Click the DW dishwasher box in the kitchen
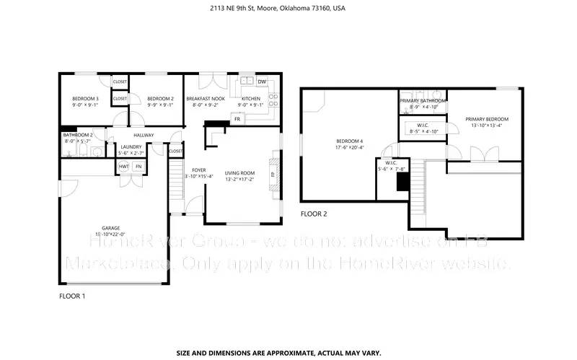coord(262,82)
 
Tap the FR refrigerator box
coord(237,118)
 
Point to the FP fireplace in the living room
coord(273,174)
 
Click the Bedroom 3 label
coord(84,98)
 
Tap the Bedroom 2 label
coord(160,98)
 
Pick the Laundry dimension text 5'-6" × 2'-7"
coord(131,153)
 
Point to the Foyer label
coord(198,170)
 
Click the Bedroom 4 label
coord(350,140)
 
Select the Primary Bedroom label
coord(486,119)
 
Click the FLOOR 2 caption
coord(314,214)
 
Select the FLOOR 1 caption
coord(71,296)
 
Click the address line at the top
coord(288,9)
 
